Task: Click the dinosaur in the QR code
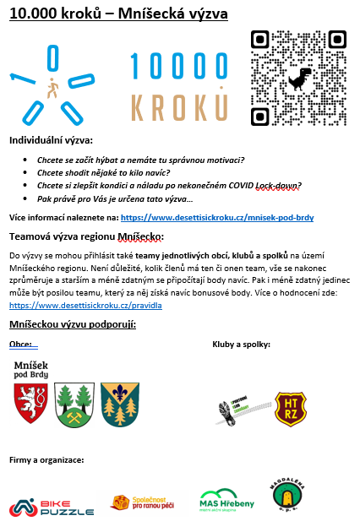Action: coord(299,81)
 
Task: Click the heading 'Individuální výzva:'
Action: coord(51,140)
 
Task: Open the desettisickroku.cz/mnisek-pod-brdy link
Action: coord(217,218)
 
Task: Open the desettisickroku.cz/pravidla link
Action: coord(85,305)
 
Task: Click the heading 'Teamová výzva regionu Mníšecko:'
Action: coord(86,236)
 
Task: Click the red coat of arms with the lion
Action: coord(31,402)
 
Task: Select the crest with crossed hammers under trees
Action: coord(73,403)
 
